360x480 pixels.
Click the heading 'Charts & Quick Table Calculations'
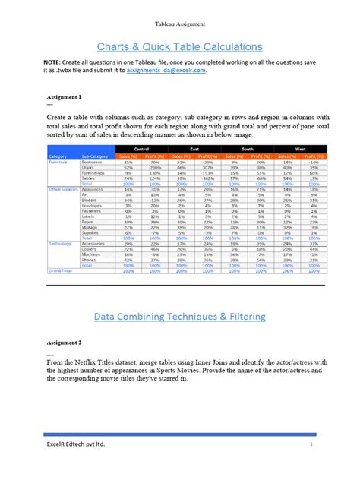(x=180, y=46)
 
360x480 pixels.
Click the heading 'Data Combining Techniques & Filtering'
(x=180, y=314)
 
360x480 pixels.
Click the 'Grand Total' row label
(x=61, y=270)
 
